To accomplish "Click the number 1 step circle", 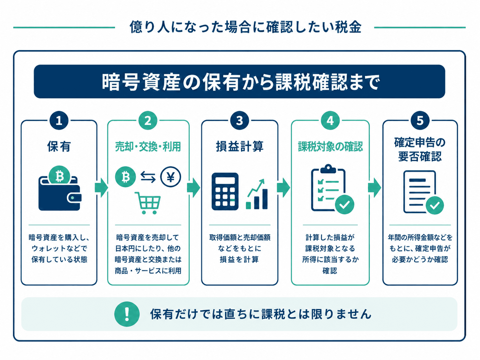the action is pyautogui.click(x=59, y=120).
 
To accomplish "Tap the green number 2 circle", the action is pyautogui.click(x=148, y=120).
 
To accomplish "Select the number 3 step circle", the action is pyautogui.click(x=239, y=120).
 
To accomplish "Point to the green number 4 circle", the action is pyautogui.click(x=330, y=120).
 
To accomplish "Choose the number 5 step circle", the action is pyautogui.click(x=420, y=120).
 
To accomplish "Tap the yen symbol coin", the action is pyautogui.click(x=171, y=177).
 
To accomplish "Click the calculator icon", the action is pyautogui.click(x=225, y=192).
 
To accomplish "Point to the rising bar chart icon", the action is pyautogui.click(x=257, y=194).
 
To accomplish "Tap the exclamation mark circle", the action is pyautogui.click(x=127, y=314).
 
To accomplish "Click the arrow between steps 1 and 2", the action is pyautogui.click(x=101, y=188).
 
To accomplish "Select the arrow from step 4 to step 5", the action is pyautogui.click(x=374, y=188).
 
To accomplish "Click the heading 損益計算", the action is pyautogui.click(x=240, y=147).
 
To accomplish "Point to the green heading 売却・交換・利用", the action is pyautogui.click(x=148, y=147).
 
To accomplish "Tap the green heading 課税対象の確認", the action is pyautogui.click(x=330, y=147).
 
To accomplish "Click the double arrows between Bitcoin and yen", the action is pyautogui.click(x=148, y=177).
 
